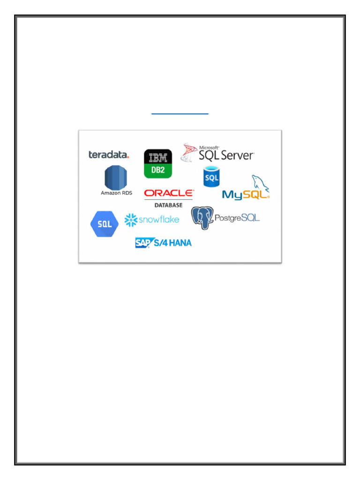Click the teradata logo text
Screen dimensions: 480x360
click(x=109, y=155)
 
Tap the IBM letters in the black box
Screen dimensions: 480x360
click(x=158, y=157)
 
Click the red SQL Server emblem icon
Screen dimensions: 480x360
click(x=189, y=153)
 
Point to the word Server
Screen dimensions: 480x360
click(x=237, y=155)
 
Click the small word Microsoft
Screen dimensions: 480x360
click(x=209, y=147)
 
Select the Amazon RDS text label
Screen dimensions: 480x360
click(x=116, y=193)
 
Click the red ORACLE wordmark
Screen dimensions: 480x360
click(x=169, y=193)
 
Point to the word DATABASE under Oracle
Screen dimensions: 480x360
click(x=169, y=205)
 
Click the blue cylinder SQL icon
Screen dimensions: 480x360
click(x=211, y=177)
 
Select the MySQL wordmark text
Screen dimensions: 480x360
click(x=244, y=195)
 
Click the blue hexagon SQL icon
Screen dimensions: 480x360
click(x=104, y=224)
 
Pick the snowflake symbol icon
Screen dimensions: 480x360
click(x=131, y=219)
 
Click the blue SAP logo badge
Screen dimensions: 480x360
click(x=142, y=242)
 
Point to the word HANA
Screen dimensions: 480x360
click(x=180, y=242)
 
